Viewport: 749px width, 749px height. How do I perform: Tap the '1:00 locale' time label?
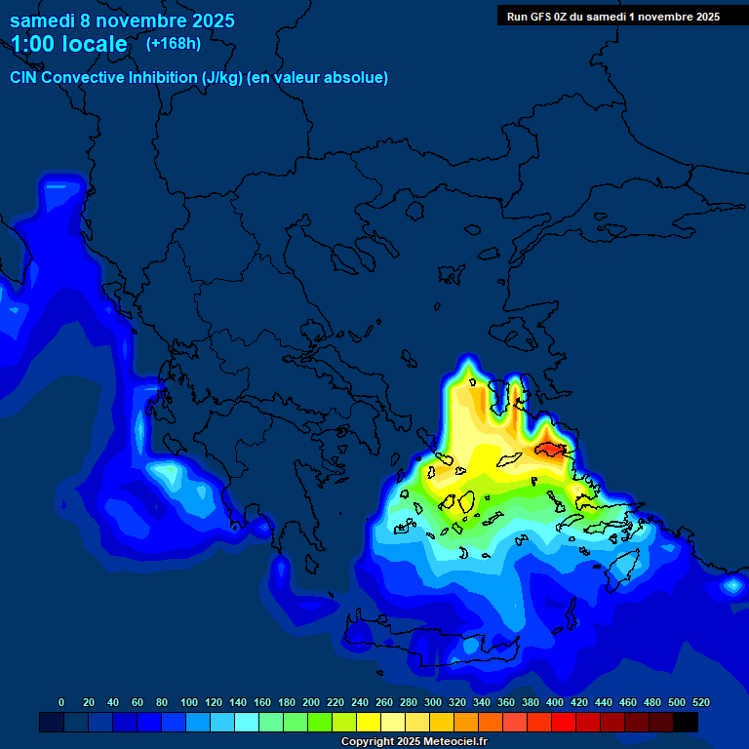pos(68,44)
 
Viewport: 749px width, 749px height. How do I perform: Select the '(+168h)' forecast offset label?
pos(174,43)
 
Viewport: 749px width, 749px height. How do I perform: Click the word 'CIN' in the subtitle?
pos(25,77)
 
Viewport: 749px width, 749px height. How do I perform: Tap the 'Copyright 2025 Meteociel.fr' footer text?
pos(414,741)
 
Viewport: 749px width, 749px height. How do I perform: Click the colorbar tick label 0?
pos(61,702)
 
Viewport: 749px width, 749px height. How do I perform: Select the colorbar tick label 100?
pos(189,702)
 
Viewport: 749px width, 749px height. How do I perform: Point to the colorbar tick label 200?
pos(311,702)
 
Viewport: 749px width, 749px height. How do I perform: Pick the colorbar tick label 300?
pos(433,702)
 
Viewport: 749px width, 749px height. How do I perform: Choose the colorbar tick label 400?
pos(555,702)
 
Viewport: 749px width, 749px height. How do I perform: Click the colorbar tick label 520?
pos(700,702)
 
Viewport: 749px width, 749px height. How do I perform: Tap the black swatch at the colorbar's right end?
pos(686,723)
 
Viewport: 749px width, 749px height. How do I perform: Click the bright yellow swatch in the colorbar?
pos(369,723)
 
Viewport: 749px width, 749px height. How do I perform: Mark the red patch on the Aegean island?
pos(551,449)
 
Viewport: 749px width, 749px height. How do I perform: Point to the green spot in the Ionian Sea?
pos(168,473)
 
